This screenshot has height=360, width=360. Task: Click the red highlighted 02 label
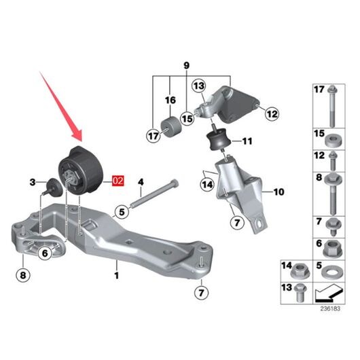tap(118, 181)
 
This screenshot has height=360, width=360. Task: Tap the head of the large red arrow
tap(77, 136)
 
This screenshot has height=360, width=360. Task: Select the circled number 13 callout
tap(199, 86)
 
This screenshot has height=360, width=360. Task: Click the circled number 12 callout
tap(272, 114)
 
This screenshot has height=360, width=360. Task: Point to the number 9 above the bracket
tap(187, 66)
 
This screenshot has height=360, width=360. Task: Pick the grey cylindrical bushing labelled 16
tap(170, 127)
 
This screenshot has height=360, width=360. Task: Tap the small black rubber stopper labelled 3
tap(54, 187)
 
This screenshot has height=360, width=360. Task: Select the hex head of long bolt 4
tap(175, 183)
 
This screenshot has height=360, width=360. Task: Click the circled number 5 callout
tap(122, 212)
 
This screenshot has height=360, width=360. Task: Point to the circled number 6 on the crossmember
tap(45, 253)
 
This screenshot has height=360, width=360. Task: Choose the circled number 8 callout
tap(23, 275)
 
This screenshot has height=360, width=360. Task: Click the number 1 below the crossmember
tap(117, 275)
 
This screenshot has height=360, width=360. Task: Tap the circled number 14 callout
tap(207, 185)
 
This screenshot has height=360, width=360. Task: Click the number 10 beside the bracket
tap(278, 192)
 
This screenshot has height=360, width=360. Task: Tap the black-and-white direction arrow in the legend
tap(329, 293)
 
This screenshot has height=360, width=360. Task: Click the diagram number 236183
tap(330, 308)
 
